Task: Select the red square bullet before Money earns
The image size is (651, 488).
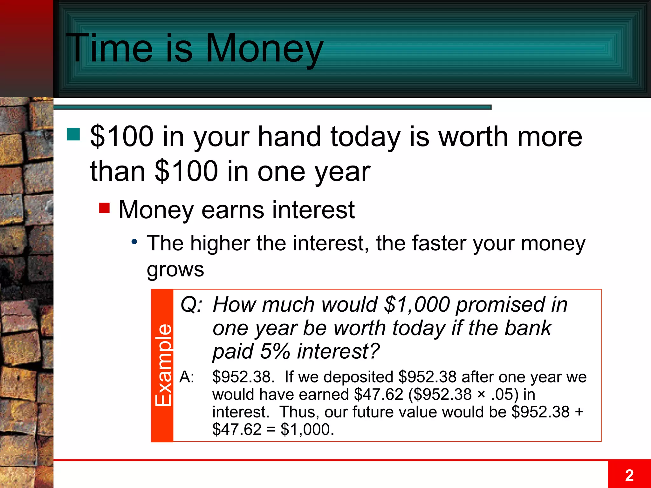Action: point(104,208)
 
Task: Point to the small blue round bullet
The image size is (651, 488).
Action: point(134,242)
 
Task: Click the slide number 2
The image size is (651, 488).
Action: point(629,475)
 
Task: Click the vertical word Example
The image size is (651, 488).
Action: point(163,365)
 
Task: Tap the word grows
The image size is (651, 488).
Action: point(175,270)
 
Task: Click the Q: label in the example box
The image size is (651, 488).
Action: point(191,304)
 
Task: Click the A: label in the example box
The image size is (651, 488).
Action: point(187,377)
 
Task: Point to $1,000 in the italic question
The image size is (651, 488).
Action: point(417,304)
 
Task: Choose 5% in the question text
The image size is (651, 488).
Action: point(275,351)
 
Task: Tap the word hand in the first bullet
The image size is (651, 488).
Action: point(289,137)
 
